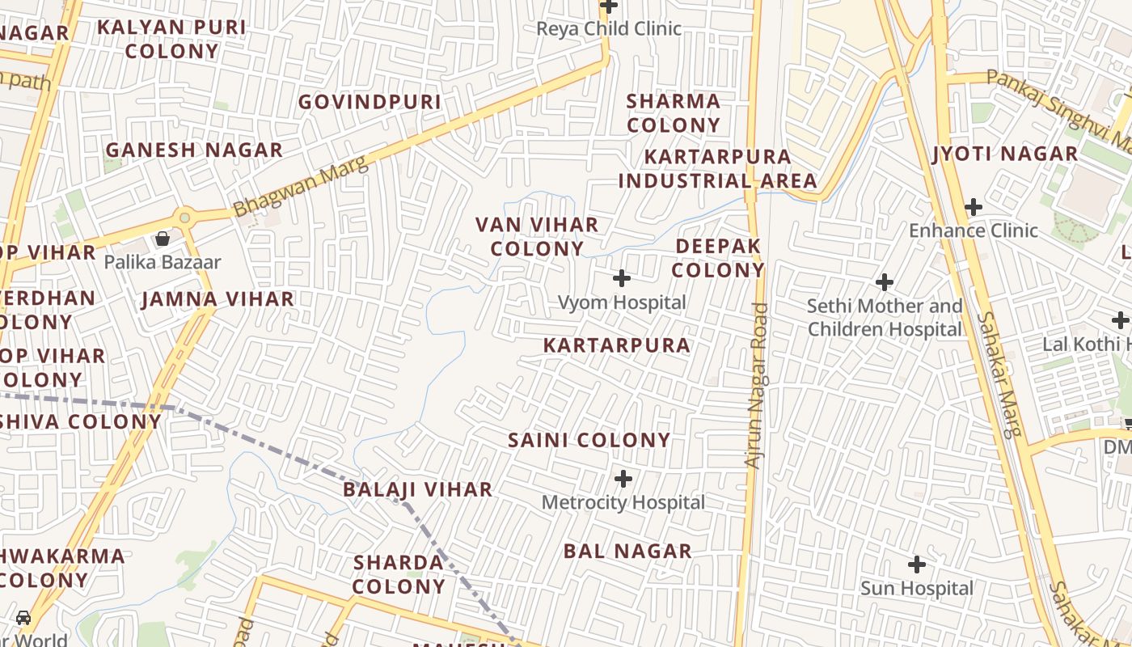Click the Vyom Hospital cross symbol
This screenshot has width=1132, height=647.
point(622,279)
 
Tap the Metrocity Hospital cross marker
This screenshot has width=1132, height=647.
point(623,479)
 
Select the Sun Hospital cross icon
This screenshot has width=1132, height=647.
point(917,564)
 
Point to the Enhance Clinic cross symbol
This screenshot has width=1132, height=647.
point(974,207)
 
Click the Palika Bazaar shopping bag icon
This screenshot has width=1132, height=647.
point(163,239)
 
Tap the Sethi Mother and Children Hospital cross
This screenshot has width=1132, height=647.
point(885,282)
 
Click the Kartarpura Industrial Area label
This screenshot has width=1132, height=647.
point(718,168)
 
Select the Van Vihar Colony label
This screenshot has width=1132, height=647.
point(537,236)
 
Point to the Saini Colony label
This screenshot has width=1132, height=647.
point(589,440)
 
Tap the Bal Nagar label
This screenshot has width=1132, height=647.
point(627,551)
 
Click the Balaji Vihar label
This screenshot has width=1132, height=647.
point(417,489)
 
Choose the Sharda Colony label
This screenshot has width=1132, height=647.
point(399,574)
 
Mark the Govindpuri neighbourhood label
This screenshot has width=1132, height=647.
point(370,102)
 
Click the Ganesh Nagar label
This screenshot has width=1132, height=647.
point(194,150)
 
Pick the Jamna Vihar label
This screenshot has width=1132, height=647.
point(218,299)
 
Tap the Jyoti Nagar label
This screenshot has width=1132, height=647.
point(1005,154)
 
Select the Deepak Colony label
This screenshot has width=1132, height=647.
point(718,257)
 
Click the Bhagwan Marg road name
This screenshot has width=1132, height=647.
point(301,186)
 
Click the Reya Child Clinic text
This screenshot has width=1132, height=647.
point(609,28)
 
